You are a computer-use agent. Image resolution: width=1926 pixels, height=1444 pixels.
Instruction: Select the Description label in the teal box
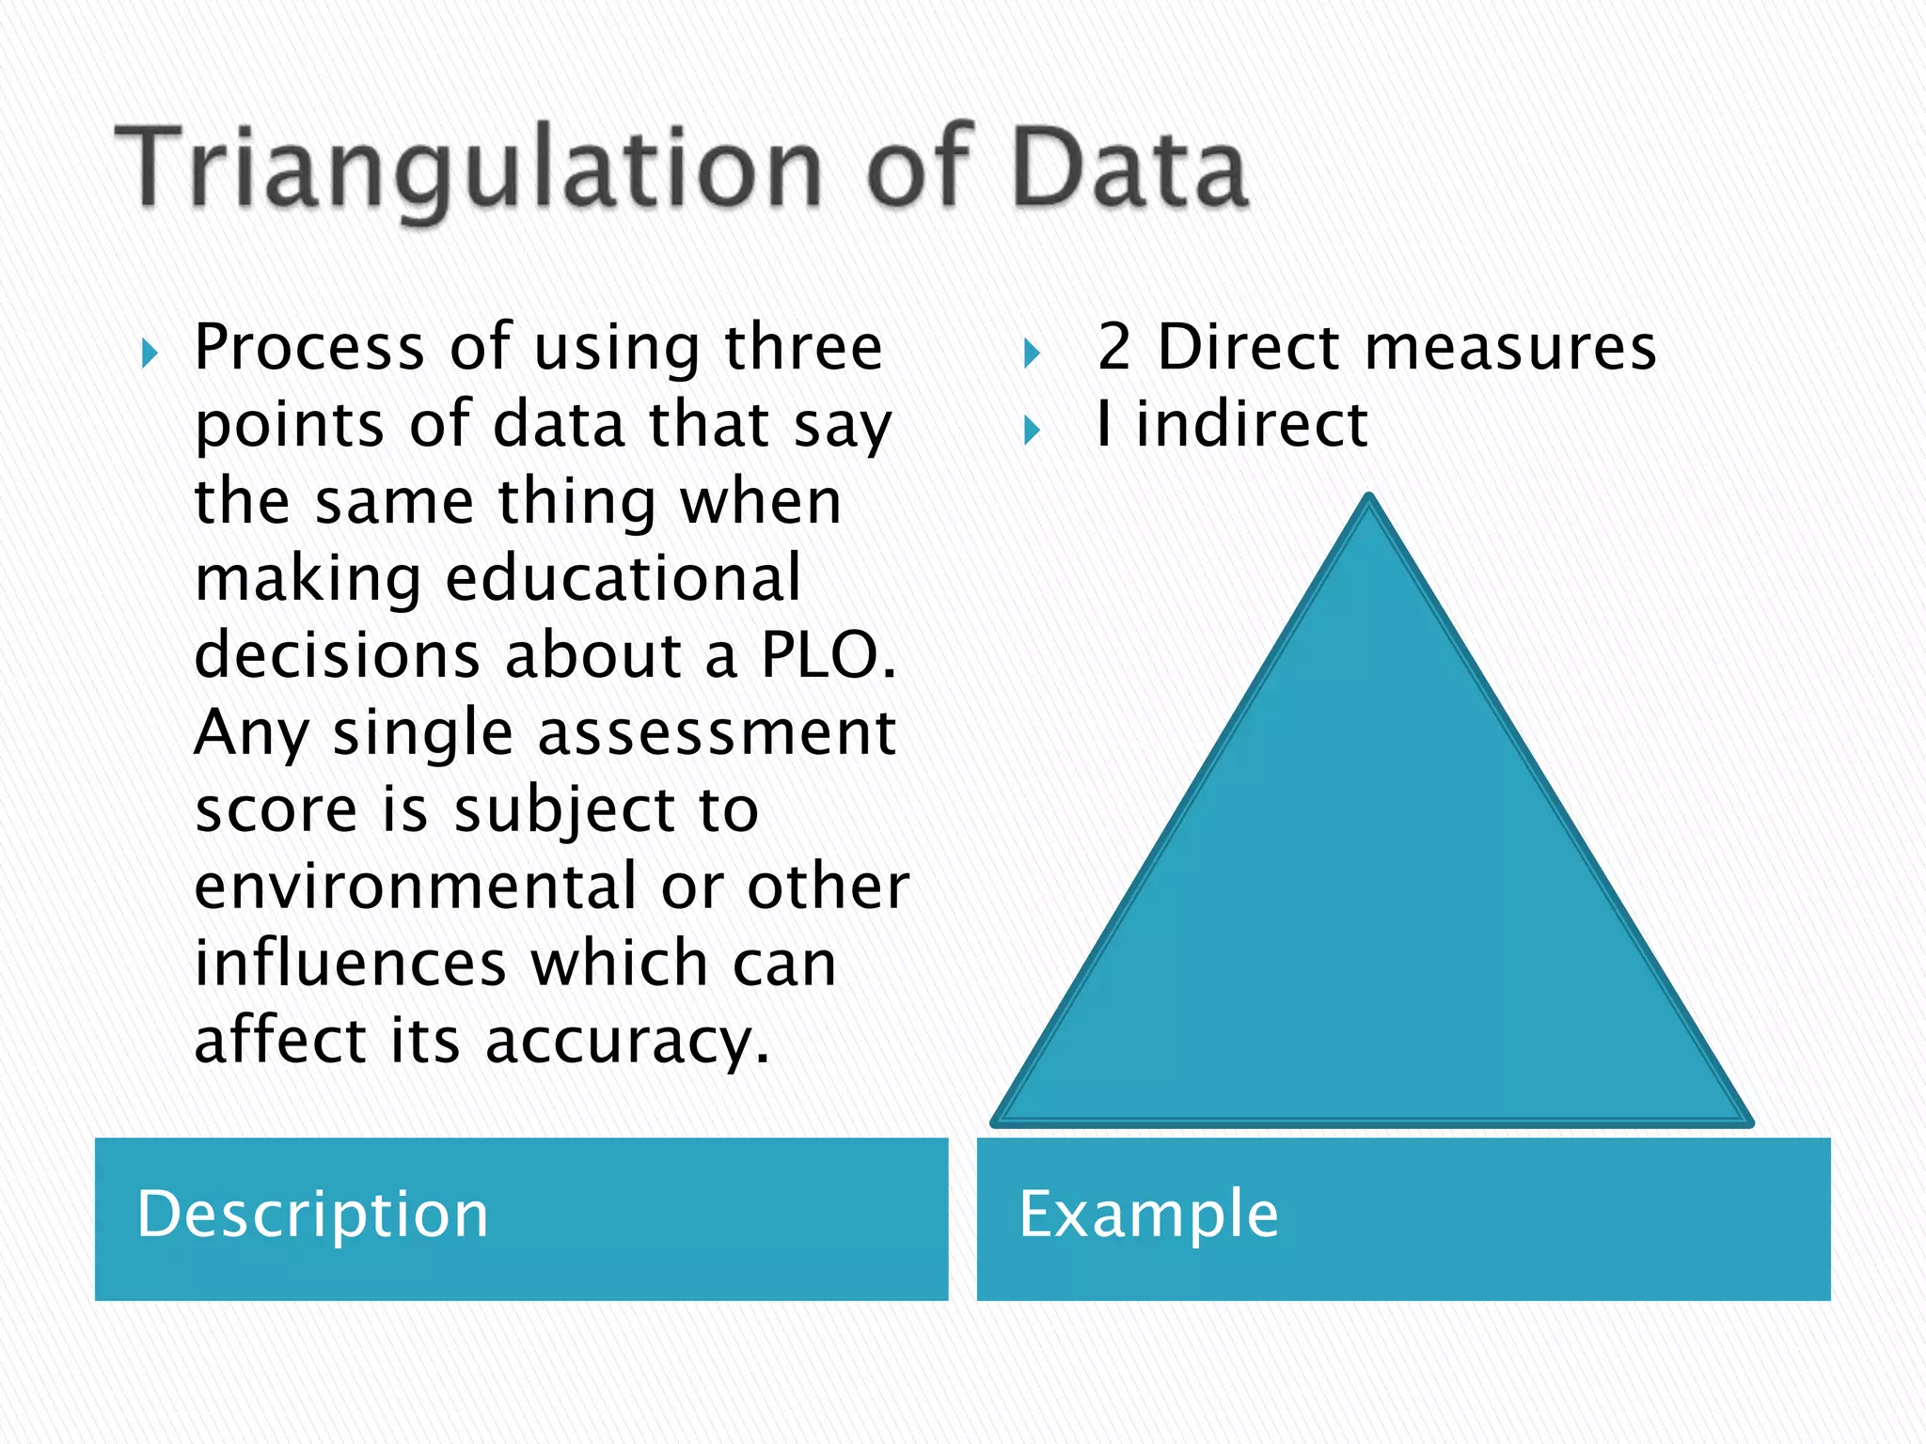click(x=312, y=1214)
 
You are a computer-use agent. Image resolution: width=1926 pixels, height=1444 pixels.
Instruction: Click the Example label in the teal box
click(x=1148, y=1214)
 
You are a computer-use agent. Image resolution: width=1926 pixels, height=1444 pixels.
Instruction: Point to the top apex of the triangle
click(x=1369, y=498)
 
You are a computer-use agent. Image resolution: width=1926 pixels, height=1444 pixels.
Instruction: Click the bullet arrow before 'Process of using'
click(x=150, y=354)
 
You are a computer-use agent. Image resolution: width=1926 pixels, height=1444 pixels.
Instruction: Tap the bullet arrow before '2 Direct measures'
click(x=1032, y=354)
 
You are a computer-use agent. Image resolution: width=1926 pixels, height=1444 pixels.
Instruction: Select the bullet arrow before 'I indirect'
click(x=1032, y=432)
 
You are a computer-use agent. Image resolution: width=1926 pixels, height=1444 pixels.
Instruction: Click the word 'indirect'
click(x=1251, y=424)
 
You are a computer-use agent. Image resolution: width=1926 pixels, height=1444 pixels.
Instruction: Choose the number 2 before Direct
click(x=1113, y=347)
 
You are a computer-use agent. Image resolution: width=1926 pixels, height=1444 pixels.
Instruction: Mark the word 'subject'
click(x=564, y=810)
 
